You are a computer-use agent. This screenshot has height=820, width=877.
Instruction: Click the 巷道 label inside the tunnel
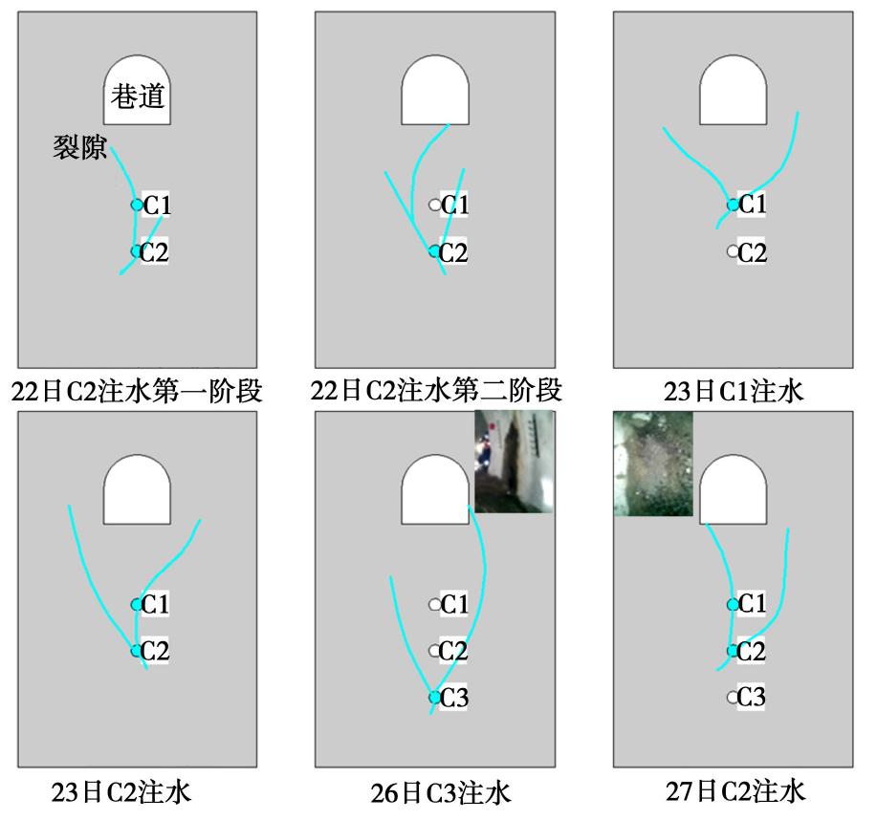pyautogui.click(x=138, y=97)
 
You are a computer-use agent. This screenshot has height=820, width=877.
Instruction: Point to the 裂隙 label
pyautogui.click(x=80, y=147)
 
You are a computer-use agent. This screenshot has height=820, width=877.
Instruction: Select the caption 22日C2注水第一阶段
pyautogui.click(x=137, y=391)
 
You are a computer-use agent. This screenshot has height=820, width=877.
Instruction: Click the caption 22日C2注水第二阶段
pyautogui.click(x=436, y=391)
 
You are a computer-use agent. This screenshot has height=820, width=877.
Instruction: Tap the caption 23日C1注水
pyautogui.click(x=734, y=391)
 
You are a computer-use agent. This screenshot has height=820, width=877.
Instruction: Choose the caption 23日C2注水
pyautogui.click(x=121, y=791)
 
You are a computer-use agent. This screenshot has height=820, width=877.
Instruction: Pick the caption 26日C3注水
pyautogui.click(x=441, y=792)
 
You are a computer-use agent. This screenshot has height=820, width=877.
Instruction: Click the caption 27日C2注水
pyautogui.click(x=735, y=791)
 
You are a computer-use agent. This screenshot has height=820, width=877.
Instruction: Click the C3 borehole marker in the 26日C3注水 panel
pyautogui.click(x=434, y=698)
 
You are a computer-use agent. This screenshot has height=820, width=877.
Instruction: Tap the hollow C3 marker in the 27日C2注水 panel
pyautogui.click(x=733, y=697)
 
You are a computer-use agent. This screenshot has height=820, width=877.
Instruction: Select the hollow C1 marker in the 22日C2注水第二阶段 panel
pyautogui.click(x=434, y=205)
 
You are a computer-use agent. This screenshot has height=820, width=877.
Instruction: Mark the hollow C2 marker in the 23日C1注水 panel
pyautogui.click(x=733, y=251)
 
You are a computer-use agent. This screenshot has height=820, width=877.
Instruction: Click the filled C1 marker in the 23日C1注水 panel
pyautogui.click(x=733, y=205)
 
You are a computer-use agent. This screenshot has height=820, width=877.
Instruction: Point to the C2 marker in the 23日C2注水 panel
pyautogui.click(x=137, y=651)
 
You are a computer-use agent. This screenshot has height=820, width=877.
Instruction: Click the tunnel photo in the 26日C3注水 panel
pyautogui.click(x=514, y=462)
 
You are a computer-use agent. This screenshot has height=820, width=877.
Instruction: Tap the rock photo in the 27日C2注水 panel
pyautogui.click(x=653, y=464)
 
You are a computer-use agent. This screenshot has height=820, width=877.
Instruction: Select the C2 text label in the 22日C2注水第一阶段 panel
pyautogui.click(x=154, y=251)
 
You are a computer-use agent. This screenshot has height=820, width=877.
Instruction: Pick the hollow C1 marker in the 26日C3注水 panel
pyautogui.click(x=434, y=604)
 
